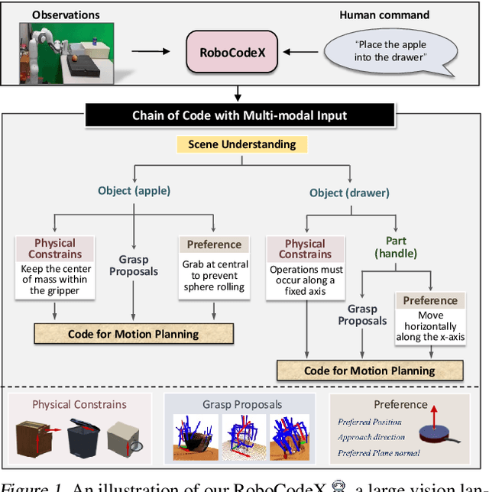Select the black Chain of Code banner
point(239,115)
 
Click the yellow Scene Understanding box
point(242,144)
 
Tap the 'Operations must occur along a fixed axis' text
point(306,280)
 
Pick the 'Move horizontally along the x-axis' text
point(430,325)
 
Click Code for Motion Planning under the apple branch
point(134,334)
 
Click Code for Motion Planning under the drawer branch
point(370,371)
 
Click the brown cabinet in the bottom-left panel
point(35,439)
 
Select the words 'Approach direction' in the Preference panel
point(373,438)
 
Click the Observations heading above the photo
point(67,15)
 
